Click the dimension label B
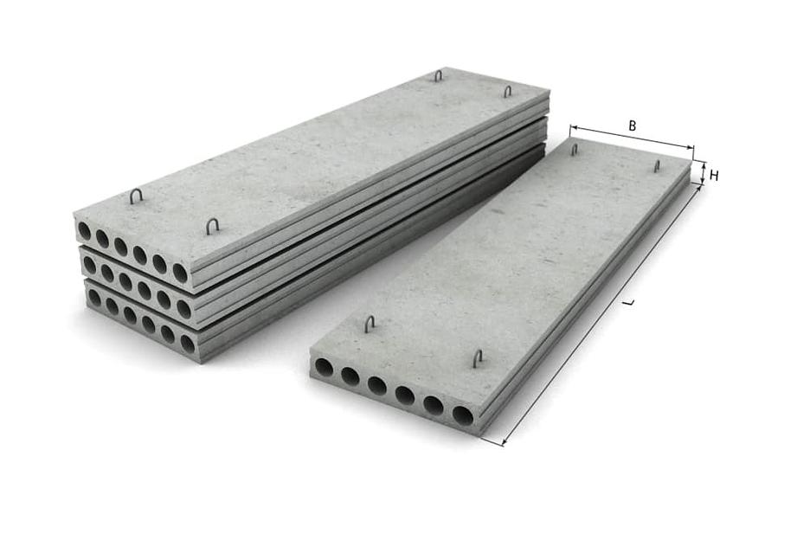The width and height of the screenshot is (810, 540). [633, 125]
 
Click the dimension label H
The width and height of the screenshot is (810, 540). [714, 176]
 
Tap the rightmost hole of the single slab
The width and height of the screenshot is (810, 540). [463, 401]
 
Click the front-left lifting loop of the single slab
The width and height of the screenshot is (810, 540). [370, 325]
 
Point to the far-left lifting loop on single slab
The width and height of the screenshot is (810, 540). [574, 150]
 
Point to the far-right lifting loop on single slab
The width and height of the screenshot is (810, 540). [657, 166]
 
